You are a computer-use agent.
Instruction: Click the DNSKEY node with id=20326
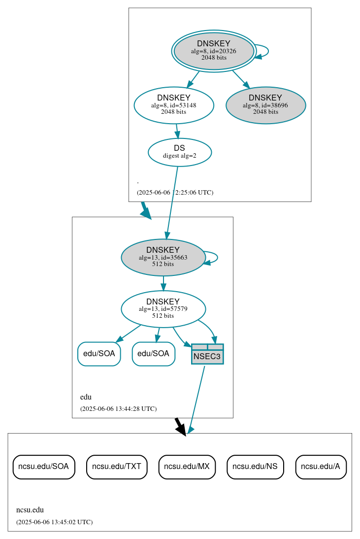[214, 51]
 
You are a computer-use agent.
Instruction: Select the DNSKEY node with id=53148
[174, 105]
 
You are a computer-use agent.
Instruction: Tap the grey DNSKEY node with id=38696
[266, 105]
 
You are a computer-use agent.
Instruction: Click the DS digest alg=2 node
[180, 152]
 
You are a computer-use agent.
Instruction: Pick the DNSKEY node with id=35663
[163, 257]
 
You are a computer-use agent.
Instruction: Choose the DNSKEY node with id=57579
[163, 309]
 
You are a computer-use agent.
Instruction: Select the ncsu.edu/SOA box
[44, 466]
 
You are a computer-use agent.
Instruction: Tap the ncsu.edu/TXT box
[117, 466]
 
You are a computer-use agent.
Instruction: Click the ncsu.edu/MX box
[187, 466]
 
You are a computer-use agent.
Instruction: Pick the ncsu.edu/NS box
[255, 466]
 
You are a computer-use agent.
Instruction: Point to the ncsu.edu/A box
[321, 466]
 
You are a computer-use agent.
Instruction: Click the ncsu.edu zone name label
[30, 510]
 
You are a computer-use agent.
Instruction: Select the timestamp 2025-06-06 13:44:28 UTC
[118, 409]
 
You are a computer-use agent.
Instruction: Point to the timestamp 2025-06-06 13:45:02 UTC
[54, 522]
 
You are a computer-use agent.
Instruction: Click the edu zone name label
[86, 397]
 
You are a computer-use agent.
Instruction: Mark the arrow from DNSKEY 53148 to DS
[177, 131]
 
